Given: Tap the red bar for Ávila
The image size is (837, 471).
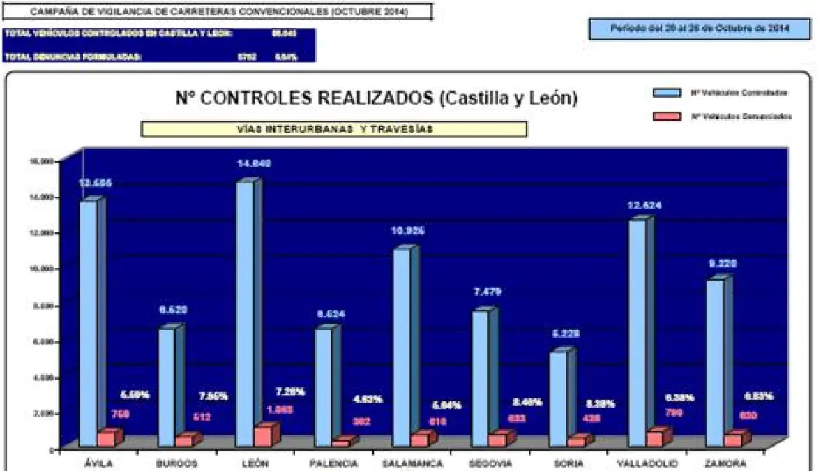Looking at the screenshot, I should pyautogui.click(x=106, y=439).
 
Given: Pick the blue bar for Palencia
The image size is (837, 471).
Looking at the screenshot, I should pyautogui.click(x=323, y=387).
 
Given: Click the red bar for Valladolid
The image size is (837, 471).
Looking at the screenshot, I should pyautogui.click(x=654, y=438).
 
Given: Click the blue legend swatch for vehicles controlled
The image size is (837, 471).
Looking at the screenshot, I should pyautogui.click(x=667, y=93).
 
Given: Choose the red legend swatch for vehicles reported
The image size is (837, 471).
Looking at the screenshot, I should pyautogui.click(x=667, y=117).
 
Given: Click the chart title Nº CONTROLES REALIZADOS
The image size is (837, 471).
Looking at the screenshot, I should pyautogui.click(x=377, y=98).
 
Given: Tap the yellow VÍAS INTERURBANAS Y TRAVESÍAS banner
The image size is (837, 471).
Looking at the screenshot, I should pyautogui.click(x=334, y=129).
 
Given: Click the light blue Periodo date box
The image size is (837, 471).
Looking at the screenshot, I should pyautogui.click(x=700, y=29).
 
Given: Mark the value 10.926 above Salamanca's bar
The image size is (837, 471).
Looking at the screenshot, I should pyautogui.click(x=408, y=230).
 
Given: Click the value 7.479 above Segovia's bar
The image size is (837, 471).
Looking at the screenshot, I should pyautogui.click(x=486, y=292).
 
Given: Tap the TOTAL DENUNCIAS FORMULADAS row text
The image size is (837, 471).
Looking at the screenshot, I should pyautogui.click(x=73, y=57).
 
